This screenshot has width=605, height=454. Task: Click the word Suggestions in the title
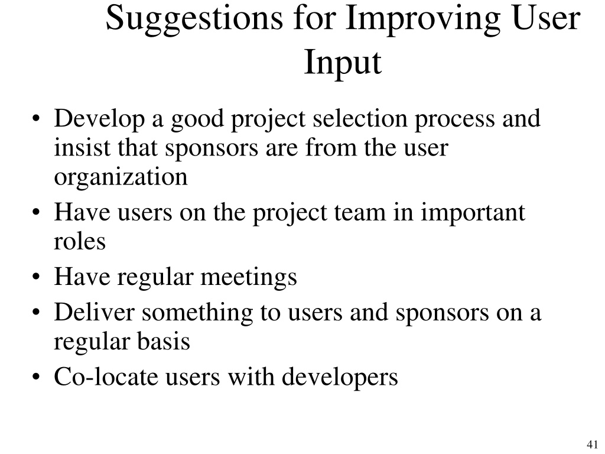(194, 20)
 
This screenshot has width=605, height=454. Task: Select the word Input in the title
(343, 63)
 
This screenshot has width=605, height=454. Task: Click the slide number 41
(592, 444)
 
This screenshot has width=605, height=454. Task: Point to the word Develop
(99, 119)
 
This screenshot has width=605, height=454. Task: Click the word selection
(360, 118)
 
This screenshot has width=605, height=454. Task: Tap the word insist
(82, 147)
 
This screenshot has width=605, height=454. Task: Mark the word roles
(80, 242)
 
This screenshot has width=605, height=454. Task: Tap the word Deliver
(95, 312)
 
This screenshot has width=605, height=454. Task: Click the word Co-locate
(106, 377)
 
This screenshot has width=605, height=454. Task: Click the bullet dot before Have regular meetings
(36, 277)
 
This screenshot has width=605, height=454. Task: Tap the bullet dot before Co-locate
(36, 377)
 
